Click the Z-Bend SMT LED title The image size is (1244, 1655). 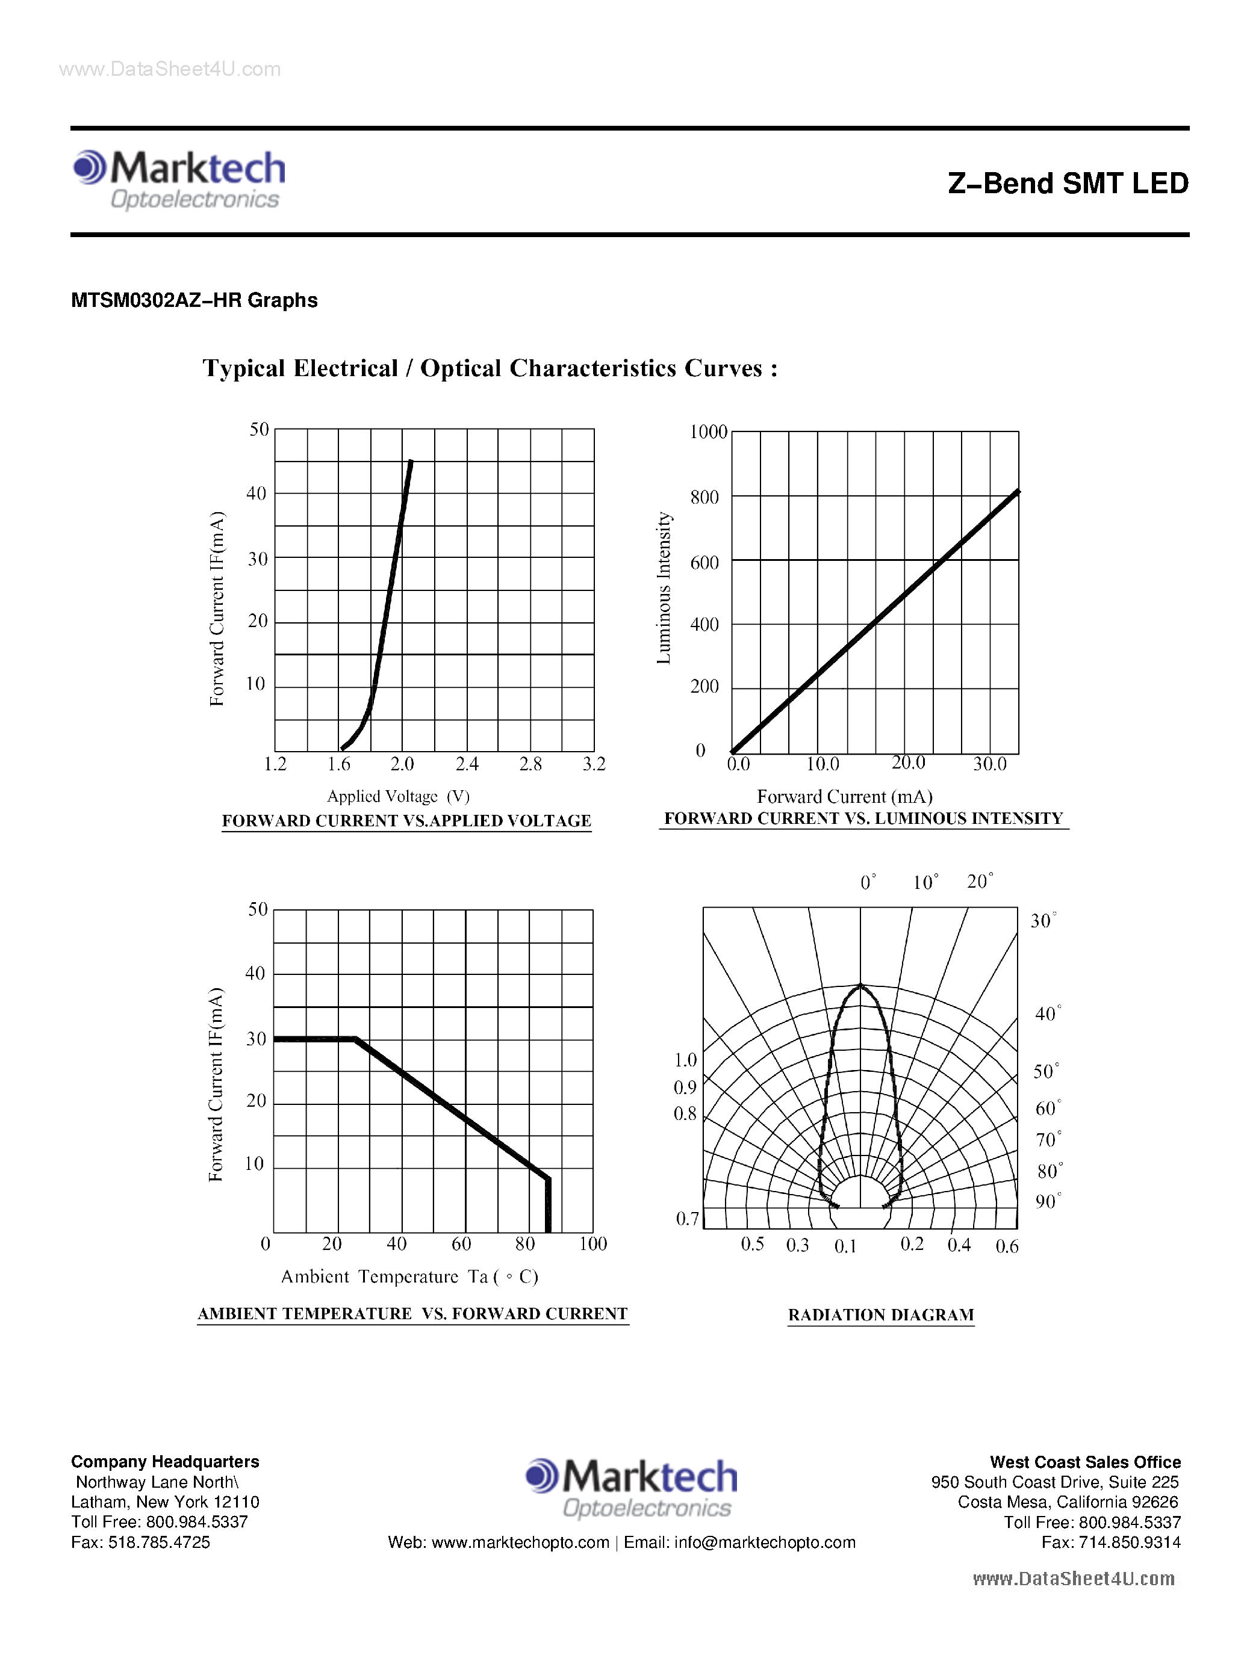pyautogui.click(x=1068, y=184)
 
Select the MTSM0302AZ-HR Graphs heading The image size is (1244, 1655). pyautogui.click(x=194, y=300)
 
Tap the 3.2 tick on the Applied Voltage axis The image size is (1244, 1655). pyautogui.click(x=594, y=764)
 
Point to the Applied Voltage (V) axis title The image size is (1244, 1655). pyautogui.click(x=398, y=796)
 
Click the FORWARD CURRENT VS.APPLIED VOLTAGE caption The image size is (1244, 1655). pyautogui.click(x=406, y=821)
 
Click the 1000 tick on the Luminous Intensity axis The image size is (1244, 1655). pyautogui.click(x=708, y=432)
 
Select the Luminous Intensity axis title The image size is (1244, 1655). pyautogui.click(x=663, y=588)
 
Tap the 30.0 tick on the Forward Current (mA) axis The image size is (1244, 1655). pyautogui.click(x=989, y=764)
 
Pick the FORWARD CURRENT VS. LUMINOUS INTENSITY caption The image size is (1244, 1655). pyautogui.click(x=863, y=818)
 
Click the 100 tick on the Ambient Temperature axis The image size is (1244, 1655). pyautogui.click(x=593, y=1243)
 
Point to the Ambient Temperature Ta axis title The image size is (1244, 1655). pyautogui.click(x=409, y=1276)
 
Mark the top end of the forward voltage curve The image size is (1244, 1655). pyautogui.click(x=410, y=462)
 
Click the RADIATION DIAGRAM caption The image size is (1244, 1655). pyautogui.click(x=881, y=1314)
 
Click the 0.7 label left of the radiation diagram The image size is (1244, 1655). pyautogui.click(x=687, y=1219)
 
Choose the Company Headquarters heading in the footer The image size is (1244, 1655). pyautogui.click(x=164, y=1461)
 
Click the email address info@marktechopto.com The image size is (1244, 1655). pyautogui.click(x=764, y=1542)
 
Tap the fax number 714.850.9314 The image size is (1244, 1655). pyautogui.click(x=1130, y=1542)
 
